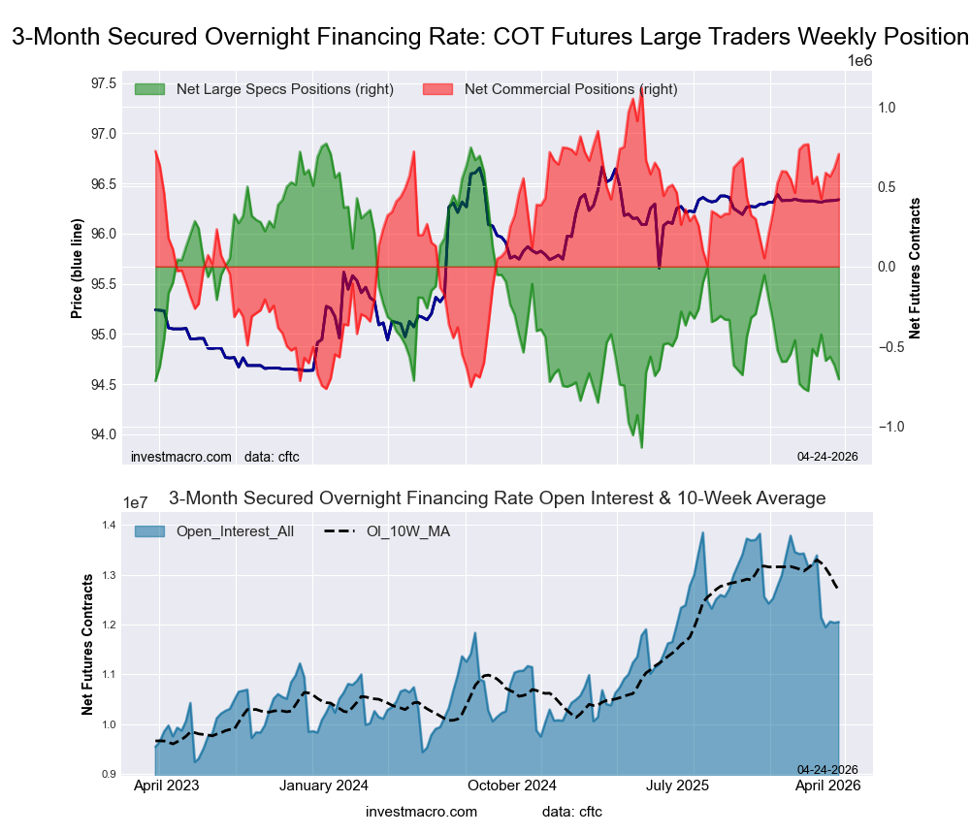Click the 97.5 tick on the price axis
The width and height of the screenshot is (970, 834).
105,82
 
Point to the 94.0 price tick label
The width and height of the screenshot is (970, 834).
105,434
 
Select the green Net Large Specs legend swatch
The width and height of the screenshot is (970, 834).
151,89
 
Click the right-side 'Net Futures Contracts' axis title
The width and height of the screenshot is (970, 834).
915,268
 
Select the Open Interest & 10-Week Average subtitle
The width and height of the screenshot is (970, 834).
497,498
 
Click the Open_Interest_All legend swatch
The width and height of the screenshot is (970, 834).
151,531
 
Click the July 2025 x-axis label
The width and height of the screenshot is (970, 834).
676,786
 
